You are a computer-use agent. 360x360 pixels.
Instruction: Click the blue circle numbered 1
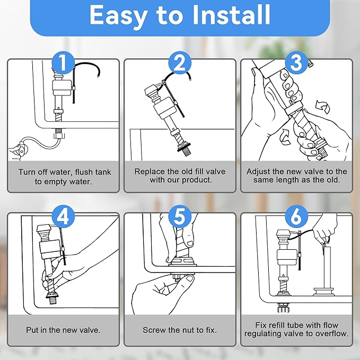click(63, 64)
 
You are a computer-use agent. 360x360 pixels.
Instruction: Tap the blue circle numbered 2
click(180, 64)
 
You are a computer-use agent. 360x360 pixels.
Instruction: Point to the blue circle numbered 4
click(63, 217)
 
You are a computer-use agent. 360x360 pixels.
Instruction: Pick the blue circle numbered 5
click(180, 217)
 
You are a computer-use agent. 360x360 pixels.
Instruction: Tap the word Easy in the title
click(118, 16)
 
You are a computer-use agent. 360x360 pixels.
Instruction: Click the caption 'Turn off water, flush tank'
click(63, 172)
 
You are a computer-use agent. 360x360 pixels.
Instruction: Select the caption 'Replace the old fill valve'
click(180, 172)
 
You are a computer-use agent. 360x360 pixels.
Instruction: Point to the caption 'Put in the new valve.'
click(63, 330)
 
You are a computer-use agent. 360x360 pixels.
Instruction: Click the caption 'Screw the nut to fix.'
click(180, 330)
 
